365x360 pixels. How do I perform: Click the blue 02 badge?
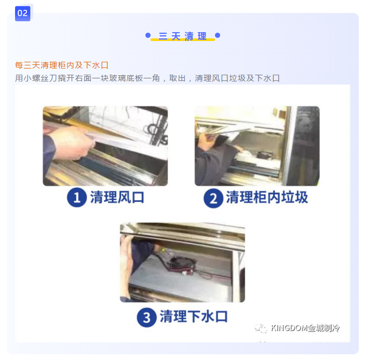[x=22, y=13]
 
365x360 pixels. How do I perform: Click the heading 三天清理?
[x=183, y=36]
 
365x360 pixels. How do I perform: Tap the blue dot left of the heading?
[x=148, y=35]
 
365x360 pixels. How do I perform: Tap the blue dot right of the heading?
[x=218, y=35]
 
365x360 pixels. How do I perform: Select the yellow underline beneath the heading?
[x=183, y=40]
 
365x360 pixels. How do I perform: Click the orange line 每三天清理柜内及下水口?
[x=62, y=65]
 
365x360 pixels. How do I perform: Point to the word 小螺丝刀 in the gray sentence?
[x=40, y=78]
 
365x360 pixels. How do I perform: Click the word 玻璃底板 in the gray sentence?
[x=126, y=78]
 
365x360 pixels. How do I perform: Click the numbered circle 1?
[x=77, y=198]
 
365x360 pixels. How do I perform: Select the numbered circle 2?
[x=213, y=198]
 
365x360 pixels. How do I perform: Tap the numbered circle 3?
[x=146, y=317]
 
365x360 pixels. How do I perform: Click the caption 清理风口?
[x=117, y=198]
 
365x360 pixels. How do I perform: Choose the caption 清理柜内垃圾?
[x=267, y=198]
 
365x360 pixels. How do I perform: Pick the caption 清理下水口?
[x=194, y=316]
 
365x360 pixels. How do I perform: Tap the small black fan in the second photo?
[x=265, y=155]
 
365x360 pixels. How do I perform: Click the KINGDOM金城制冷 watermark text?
[x=305, y=328]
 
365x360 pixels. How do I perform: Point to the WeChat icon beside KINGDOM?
[x=261, y=328]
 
